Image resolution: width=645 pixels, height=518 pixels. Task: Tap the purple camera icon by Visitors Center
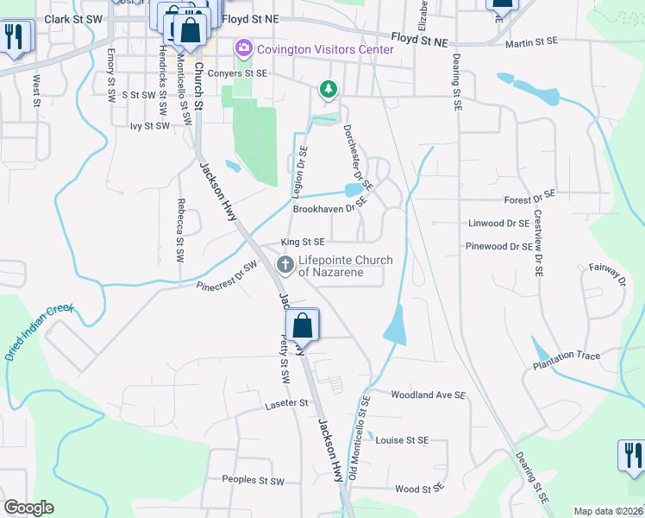[x=244, y=49]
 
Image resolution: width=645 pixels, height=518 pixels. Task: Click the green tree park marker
[x=328, y=88]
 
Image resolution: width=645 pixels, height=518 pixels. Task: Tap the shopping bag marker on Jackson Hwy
[x=302, y=326]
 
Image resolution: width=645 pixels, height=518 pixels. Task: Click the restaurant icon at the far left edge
[x=14, y=36]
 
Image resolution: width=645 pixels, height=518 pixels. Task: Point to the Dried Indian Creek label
[x=40, y=332]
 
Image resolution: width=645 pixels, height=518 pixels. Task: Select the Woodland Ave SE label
[x=428, y=395]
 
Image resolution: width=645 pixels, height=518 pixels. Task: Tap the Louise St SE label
[x=402, y=440]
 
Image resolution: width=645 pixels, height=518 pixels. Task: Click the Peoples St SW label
[x=253, y=480]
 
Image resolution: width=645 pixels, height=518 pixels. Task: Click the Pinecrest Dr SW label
[x=227, y=275]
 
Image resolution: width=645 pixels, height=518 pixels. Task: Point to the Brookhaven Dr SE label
[x=330, y=209]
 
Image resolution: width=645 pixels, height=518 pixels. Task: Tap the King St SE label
[x=303, y=243]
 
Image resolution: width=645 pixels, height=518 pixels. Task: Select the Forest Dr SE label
[x=530, y=199]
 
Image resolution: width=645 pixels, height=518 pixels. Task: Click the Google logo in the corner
[x=28, y=508]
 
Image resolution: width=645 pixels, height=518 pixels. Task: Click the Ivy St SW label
[x=150, y=126]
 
